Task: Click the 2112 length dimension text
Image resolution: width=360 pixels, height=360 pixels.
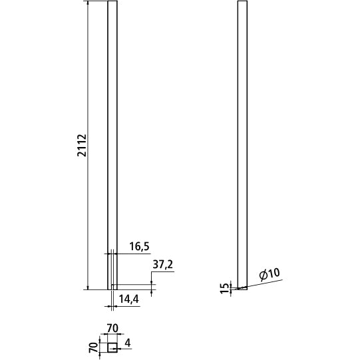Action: point(82,144)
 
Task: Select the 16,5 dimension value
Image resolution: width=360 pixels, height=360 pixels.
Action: point(137,247)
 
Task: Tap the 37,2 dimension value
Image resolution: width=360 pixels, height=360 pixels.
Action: point(163,265)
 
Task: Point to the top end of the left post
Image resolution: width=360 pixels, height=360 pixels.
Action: point(112,3)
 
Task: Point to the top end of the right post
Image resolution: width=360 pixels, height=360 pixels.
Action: point(243,3)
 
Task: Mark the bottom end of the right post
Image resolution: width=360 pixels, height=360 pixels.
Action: point(243,289)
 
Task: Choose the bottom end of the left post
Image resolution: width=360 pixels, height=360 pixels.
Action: point(112,289)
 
